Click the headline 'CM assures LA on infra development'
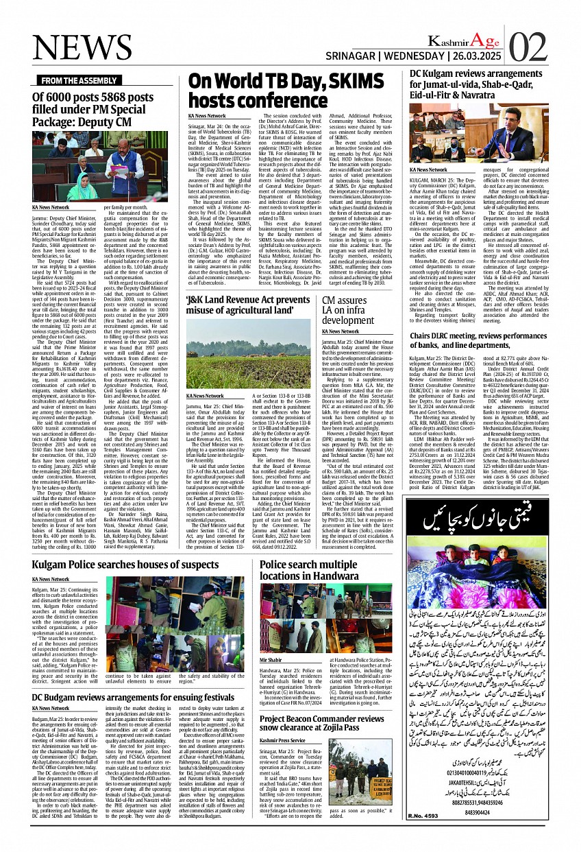[354, 311]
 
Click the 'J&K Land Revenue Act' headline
[248, 305]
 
